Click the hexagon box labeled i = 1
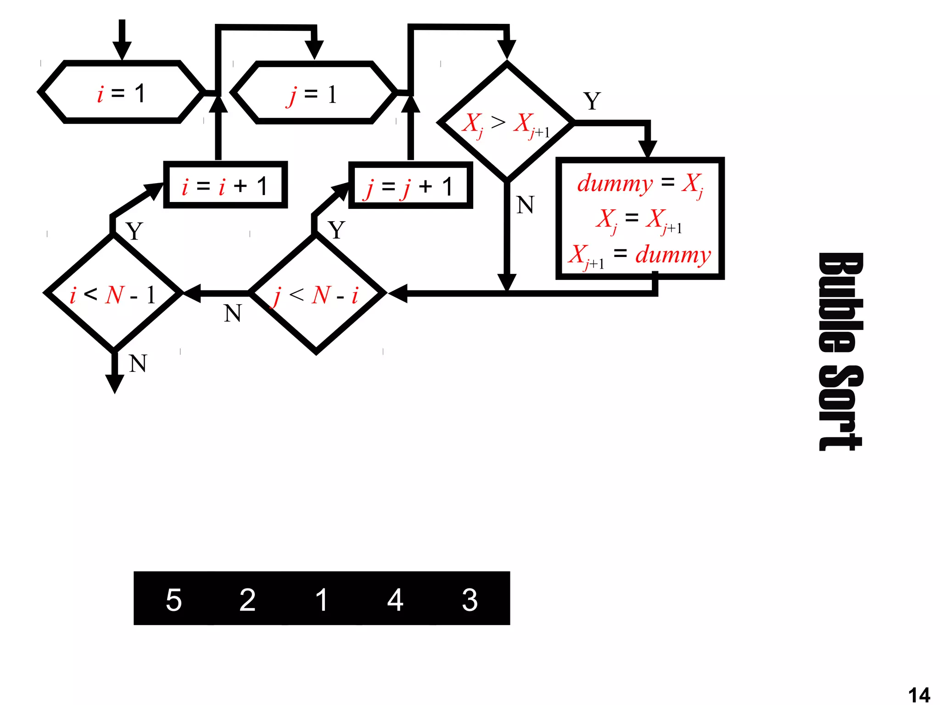coord(122,92)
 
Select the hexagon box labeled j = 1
coord(314,93)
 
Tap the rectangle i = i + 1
coord(225,185)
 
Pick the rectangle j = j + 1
coord(410,186)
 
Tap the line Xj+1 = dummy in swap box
coord(639,255)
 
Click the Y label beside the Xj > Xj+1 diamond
coord(592,101)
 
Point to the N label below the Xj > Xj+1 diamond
coord(525,205)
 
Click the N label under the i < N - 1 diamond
coord(138,364)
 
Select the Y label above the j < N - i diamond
coord(336,230)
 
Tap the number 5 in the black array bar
coord(173,599)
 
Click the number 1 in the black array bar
coord(321,599)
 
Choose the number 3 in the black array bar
coord(470,599)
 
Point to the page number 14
coord(919,694)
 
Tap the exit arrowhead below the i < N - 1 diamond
coord(115,383)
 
